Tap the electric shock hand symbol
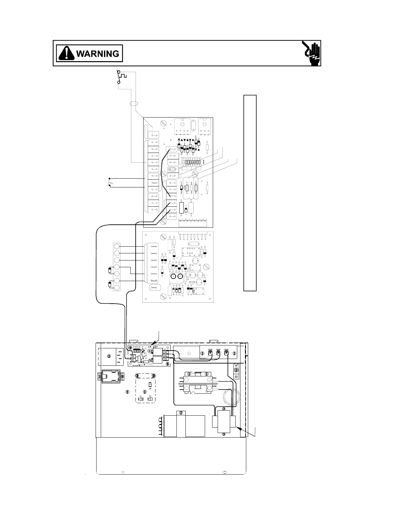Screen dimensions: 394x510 [x=312, y=53]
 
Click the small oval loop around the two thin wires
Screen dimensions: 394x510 [x=132, y=104]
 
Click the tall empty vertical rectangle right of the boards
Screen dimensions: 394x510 [x=250, y=193]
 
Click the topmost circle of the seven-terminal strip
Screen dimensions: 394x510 [x=117, y=247]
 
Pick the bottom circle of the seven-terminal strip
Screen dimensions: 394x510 [x=117, y=288]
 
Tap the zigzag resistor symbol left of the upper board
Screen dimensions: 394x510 [x=110, y=183]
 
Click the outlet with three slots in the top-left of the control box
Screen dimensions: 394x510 [x=111, y=356]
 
